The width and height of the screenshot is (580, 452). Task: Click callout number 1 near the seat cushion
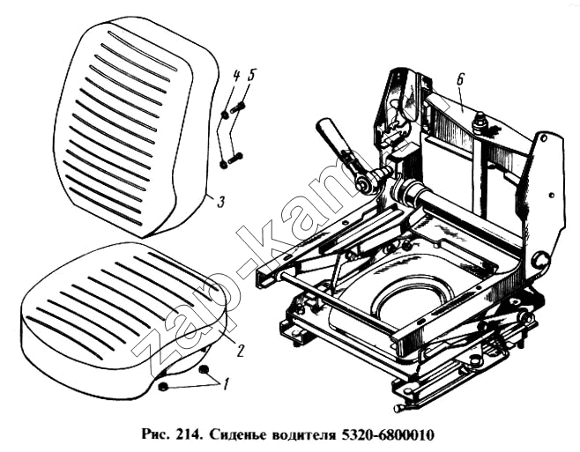coord(225,384)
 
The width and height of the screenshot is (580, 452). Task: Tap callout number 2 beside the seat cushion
coord(240,351)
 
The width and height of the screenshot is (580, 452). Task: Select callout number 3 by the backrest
coord(220,202)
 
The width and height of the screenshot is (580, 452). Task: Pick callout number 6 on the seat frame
coord(460,80)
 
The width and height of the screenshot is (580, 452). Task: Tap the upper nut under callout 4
coord(225,115)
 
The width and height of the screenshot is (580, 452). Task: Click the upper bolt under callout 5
coord(238,107)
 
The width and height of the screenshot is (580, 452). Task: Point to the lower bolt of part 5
coord(235,158)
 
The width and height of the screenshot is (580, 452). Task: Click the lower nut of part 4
coord(223,164)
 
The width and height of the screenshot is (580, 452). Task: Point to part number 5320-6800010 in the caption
coord(386,435)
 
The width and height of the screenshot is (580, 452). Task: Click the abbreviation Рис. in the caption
coord(158,435)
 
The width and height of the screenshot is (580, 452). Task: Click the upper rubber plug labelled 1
coord(204,369)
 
